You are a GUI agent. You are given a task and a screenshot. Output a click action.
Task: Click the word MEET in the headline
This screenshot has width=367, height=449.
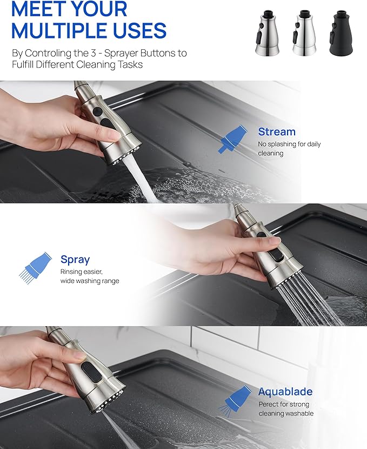point(37,9)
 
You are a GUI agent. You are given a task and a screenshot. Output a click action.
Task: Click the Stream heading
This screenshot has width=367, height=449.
point(276,131)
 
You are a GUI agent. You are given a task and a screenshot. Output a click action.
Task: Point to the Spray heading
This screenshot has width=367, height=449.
point(75,259)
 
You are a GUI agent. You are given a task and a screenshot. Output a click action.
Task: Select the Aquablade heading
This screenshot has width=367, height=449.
point(285,392)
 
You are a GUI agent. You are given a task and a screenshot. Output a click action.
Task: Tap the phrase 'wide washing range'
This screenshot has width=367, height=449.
point(90,281)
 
